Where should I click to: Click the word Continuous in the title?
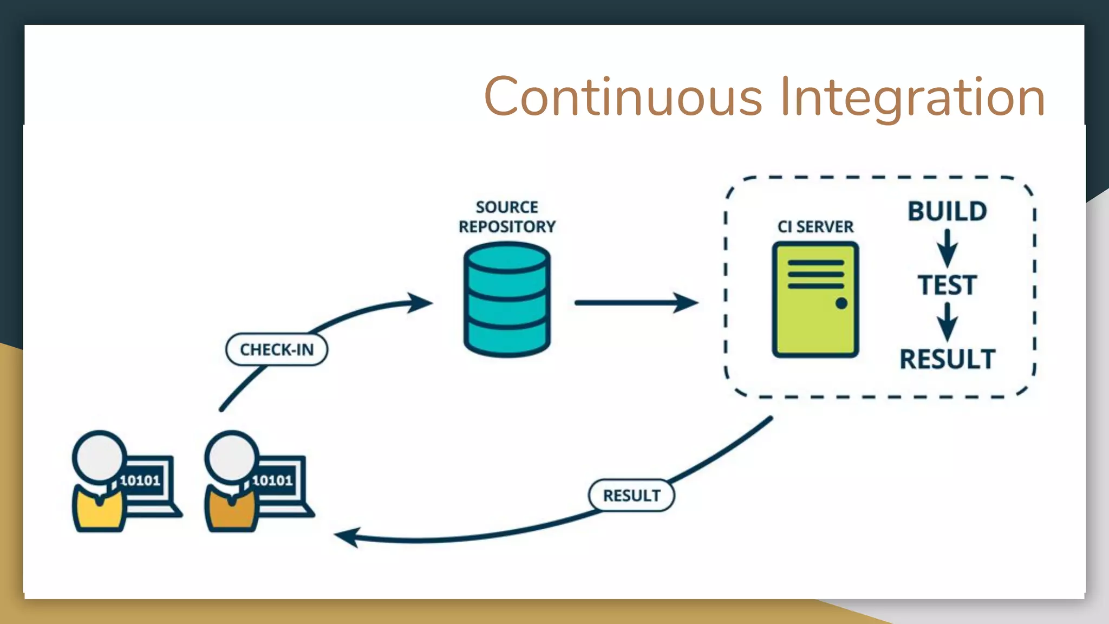point(623,97)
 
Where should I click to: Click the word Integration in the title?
point(912,97)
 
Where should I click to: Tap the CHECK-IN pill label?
point(277,349)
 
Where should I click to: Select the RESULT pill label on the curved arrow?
point(631,495)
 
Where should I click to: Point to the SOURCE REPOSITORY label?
point(507,217)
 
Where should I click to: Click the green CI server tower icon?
point(815,299)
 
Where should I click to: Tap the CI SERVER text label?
point(815,226)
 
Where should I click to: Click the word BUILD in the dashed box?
point(947,211)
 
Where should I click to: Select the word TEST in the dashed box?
point(947,285)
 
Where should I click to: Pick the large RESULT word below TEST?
point(947,359)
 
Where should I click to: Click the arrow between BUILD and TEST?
point(947,248)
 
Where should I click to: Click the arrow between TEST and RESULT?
point(947,322)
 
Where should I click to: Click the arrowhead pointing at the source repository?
point(420,303)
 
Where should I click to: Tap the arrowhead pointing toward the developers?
point(348,537)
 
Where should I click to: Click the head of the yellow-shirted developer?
point(100,456)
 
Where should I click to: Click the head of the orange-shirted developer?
point(232,456)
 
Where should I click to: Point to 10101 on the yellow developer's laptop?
point(140,480)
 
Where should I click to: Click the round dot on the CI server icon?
point(841,303)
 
